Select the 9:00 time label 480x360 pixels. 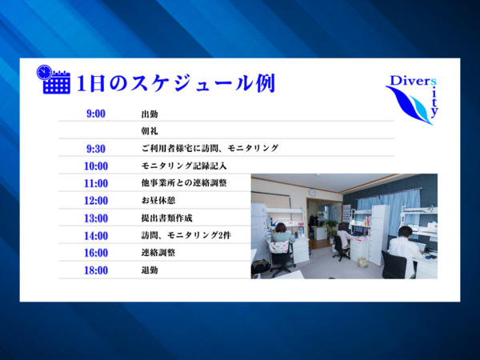[95, 114]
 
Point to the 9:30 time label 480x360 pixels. [95, 148]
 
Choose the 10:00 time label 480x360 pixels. [95, 166]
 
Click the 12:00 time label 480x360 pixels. [95, 200]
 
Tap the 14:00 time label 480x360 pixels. [95, 235]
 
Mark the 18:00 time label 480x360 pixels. [95, 270]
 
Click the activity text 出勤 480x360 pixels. [149, 114]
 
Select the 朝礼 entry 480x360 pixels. [149, 131]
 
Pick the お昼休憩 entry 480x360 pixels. [158, 200]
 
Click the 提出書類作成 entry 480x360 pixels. [166, 218]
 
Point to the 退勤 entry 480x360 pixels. [149, 270]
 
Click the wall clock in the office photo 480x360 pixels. [312, 192]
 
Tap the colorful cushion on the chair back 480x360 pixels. [280, 246]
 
